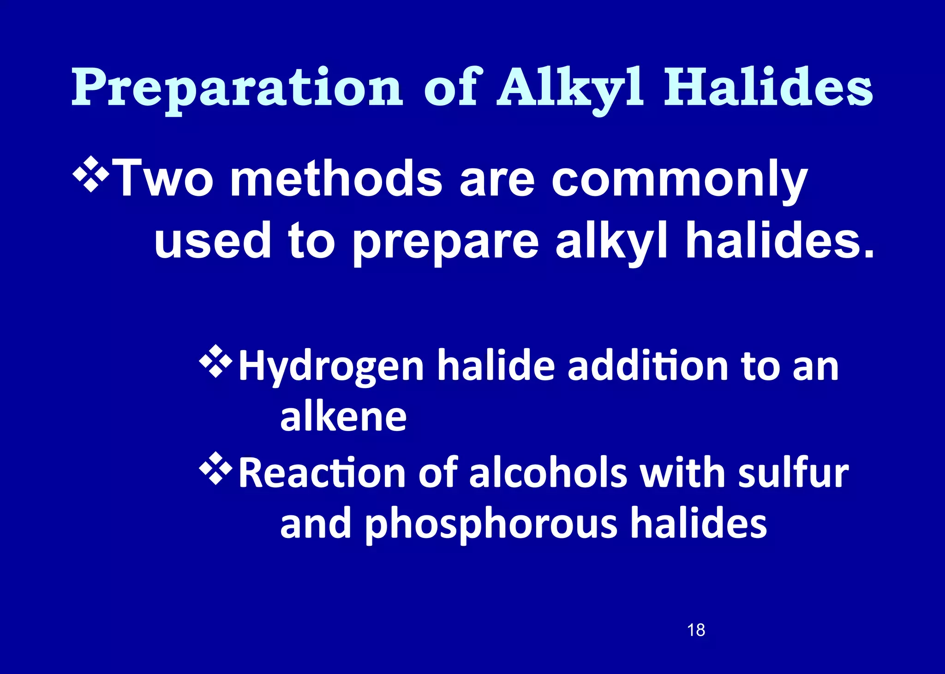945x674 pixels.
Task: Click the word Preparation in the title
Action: [237, 88]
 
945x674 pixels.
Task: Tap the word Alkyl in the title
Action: [570, 88]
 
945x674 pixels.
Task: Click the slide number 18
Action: [696, 630]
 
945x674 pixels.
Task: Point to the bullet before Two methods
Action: [91, 174]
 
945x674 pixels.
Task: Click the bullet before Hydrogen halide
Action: [215, 363]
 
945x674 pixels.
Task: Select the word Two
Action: [164, 178]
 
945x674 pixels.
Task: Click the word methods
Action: [336, 178]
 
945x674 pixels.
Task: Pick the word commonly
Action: [679, 180]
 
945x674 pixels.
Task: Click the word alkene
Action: [343, 417]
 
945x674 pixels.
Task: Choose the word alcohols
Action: [548, 473]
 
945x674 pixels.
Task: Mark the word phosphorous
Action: [491, 525]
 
